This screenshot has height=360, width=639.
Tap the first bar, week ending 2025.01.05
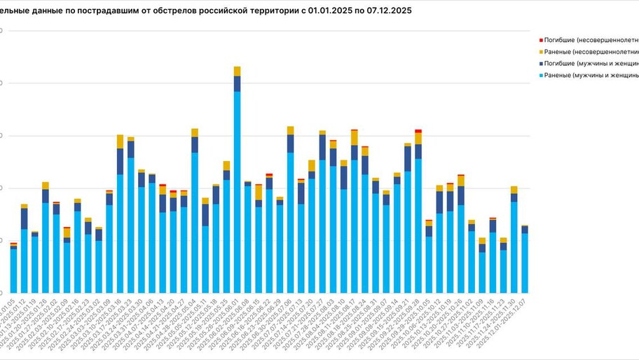pos(13,270)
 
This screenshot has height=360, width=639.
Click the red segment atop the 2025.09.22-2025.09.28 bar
pos(418,131)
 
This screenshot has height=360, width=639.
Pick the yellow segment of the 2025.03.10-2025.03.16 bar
pos(120,141)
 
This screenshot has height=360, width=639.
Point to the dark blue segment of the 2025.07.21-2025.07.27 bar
pos(322,147)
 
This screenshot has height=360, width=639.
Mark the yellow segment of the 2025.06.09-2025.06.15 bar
pos(259,193)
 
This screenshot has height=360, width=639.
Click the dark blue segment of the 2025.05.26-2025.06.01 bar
pos(237,83)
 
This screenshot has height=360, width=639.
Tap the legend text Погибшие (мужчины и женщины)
pos(592,63)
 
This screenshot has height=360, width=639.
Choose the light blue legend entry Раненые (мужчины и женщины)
pos(592,75)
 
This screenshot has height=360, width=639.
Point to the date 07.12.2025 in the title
pos(385,11)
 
